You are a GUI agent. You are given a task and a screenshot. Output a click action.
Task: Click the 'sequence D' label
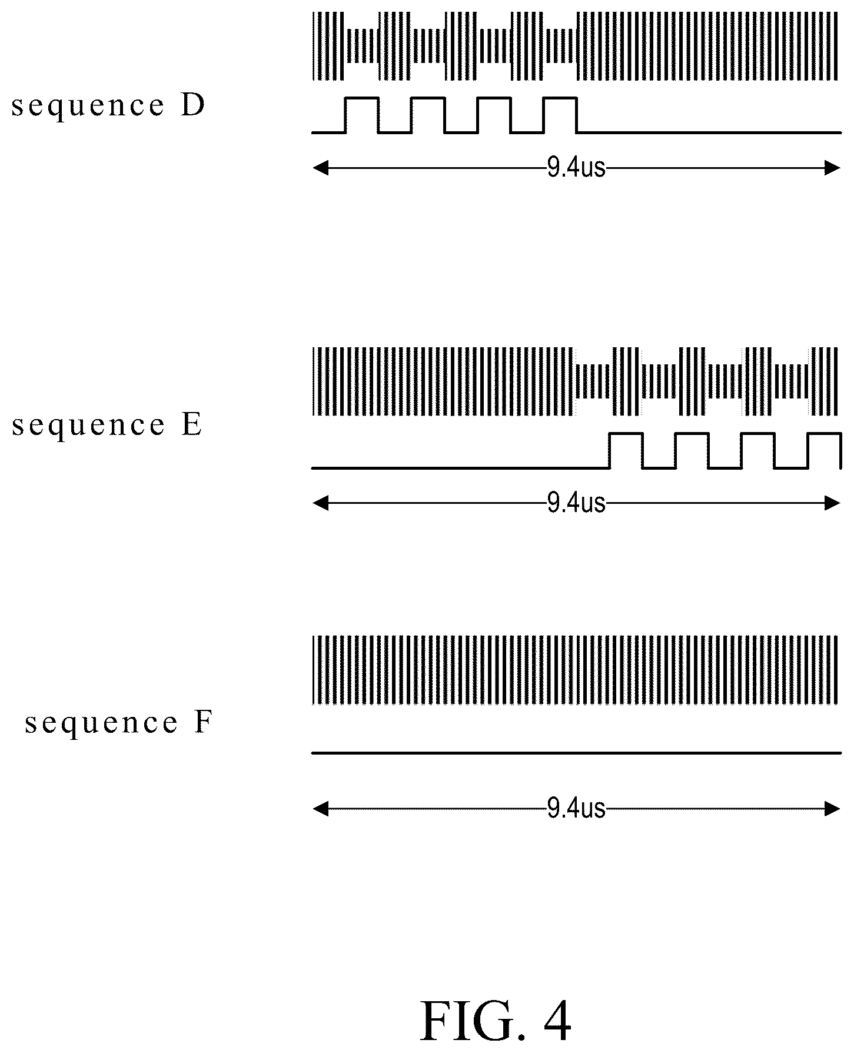(108, 106)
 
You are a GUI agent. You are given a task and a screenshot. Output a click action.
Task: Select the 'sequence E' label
(107, 425)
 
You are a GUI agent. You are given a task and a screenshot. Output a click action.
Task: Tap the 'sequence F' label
(118, 722)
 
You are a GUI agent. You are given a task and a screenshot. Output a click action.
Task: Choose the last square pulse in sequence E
(824, 434)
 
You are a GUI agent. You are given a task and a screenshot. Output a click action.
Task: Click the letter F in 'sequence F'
(202, 722)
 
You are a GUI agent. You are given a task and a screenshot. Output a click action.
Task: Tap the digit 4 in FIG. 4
(555, 1021)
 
